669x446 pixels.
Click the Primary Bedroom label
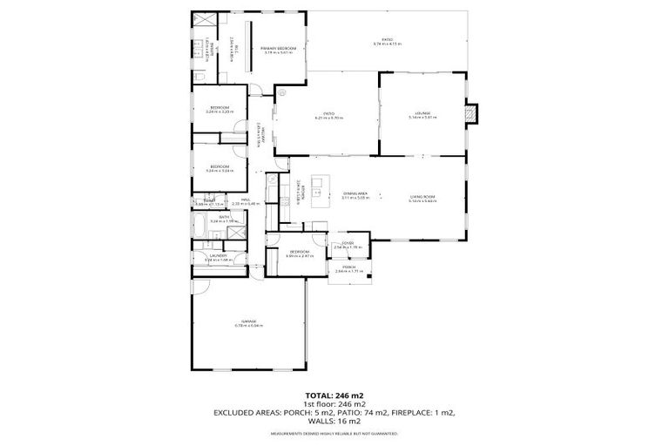[x=278, y=49]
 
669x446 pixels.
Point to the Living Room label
[x=422, y=197]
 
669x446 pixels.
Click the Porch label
[x=348, y=267]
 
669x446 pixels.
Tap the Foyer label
[x=347, y=244]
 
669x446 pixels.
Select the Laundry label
[x=218, y=256]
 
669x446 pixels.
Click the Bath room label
[x=224, y=218]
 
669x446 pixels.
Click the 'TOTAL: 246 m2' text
[x=334, y=394]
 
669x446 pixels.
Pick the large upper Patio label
[x=383, y=41]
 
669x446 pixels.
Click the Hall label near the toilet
[x=247, y=200]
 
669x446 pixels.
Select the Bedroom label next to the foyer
[x=298, y=253]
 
